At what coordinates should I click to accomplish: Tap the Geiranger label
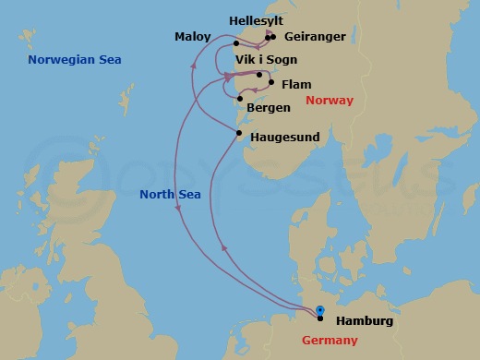point(316,37)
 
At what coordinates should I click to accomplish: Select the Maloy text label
point(193,37)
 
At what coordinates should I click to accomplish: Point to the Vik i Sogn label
point(267,59)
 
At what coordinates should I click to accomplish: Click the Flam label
point(296,83)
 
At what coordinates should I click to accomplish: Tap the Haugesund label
point(284,137)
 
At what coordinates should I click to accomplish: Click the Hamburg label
point(365,321)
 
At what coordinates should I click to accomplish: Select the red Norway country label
point(330,101)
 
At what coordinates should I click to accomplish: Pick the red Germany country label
point(330,341)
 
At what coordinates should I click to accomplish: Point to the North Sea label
point(170,194)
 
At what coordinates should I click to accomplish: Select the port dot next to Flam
point(271,83)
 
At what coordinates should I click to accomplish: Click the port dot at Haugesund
point(239,134)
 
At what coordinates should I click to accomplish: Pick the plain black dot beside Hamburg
point(320,318)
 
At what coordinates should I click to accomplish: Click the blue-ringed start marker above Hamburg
point(319,310)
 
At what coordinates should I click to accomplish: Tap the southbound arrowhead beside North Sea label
point(175,212)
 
